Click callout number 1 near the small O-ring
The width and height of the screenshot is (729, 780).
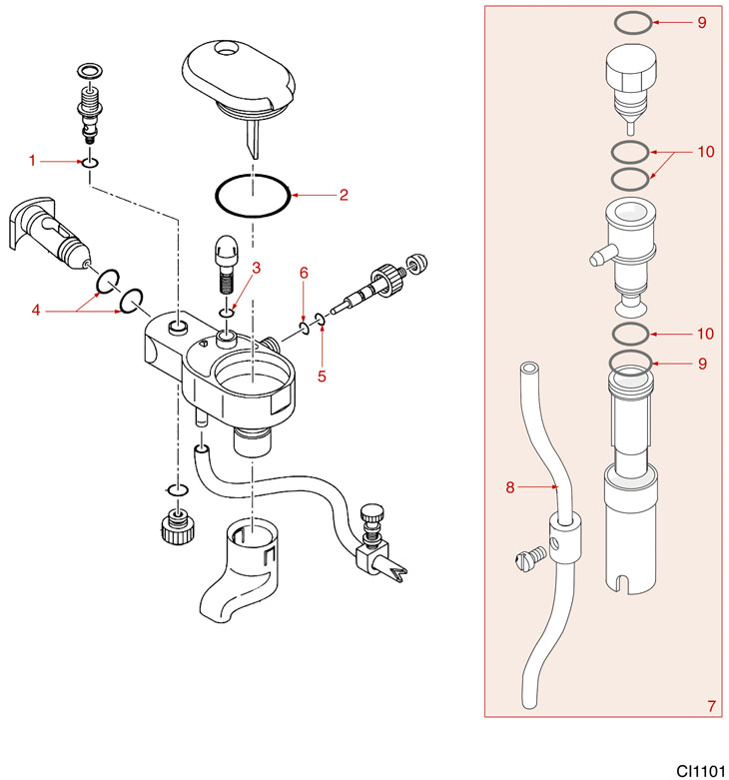[x=33, y=160]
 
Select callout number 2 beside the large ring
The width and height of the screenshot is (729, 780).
[x=343, y=195]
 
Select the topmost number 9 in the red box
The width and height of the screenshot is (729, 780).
[x=702, y=22]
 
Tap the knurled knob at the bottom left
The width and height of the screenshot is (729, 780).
[x=176, y=526]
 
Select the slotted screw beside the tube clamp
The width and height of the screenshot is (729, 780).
[x=528, y=552]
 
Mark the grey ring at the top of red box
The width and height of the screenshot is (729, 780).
[x=632, y=22]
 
